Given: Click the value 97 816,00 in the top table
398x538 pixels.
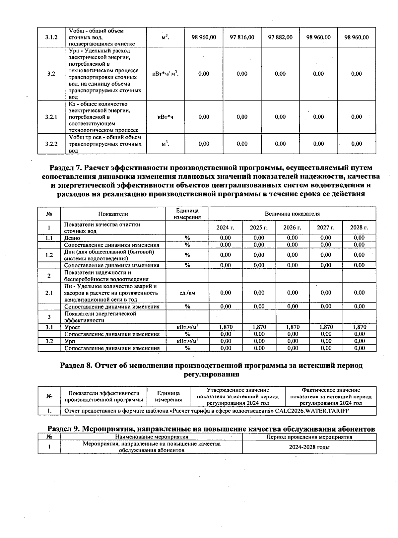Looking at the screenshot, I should click(242, 37).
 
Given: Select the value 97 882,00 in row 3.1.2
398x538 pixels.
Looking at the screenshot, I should click(280, 37).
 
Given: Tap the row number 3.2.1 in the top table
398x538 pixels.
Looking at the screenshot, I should click(51, 117).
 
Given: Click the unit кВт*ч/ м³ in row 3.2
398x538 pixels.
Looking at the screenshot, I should click(165, 74).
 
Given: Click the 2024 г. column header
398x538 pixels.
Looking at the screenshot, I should click(225, 228).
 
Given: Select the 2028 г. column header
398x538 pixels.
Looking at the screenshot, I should click(359, 228).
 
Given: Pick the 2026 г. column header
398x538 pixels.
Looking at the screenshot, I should click(292, 228).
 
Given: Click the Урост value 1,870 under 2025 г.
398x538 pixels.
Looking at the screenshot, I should click(259, 327).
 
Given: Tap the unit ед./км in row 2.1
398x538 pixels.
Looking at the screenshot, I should click(187, 293).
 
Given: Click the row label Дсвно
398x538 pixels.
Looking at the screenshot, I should click(72, 238).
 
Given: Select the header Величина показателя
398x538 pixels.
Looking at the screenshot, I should click(292, 214).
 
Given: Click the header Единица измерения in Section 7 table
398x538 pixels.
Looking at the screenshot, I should click(187, 214).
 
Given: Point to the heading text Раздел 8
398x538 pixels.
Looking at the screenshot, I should click(76, 365).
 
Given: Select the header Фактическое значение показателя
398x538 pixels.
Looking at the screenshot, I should click(331, 396).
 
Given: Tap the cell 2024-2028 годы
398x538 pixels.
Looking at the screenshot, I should click(309, 447).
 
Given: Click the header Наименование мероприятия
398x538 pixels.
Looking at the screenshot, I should click(152, 437).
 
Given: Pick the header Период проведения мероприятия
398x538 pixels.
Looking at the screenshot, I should click(309, 437).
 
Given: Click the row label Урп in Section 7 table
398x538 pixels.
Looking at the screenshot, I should click(70, 341).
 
